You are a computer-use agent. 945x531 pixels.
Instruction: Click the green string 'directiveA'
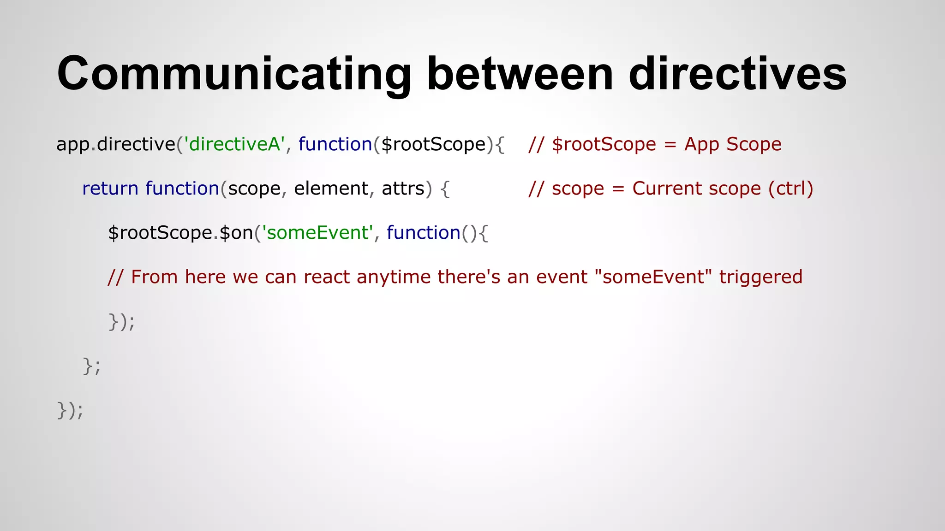point(234,144)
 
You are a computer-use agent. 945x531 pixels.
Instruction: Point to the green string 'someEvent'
point(317,233)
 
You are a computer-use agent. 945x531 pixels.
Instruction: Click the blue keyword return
point(110,189)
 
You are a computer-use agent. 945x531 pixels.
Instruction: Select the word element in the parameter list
point(331,189)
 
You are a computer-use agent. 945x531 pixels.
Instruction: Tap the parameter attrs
point(403,189)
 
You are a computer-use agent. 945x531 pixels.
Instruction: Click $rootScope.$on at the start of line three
point(180,233)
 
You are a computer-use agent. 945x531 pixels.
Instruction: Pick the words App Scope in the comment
point(733,144)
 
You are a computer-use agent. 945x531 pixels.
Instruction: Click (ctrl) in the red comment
point(790,189)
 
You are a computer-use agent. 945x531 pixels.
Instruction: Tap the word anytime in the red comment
point(394,277)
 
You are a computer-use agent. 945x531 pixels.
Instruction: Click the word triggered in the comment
point(761,277)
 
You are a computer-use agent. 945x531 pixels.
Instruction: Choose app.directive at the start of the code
point(116,144)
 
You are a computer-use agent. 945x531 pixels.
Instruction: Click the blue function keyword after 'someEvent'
point(423,233)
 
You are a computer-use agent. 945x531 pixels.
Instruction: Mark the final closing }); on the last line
point(70,410)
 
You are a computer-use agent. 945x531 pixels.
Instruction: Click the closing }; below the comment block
point(91,366)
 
